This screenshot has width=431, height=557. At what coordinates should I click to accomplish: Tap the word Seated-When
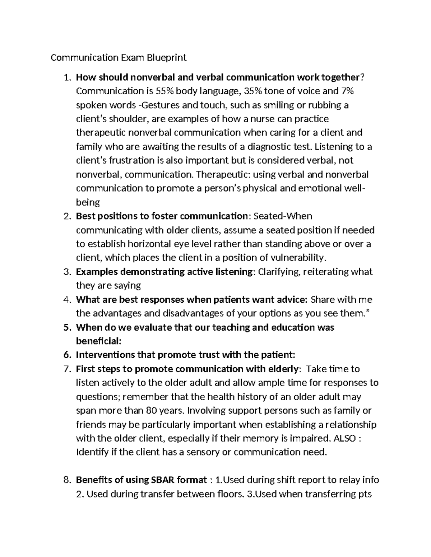click(283, 216)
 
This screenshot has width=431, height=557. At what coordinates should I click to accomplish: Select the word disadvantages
click(193, 313)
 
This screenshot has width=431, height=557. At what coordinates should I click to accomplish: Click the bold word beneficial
click(97, 341)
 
